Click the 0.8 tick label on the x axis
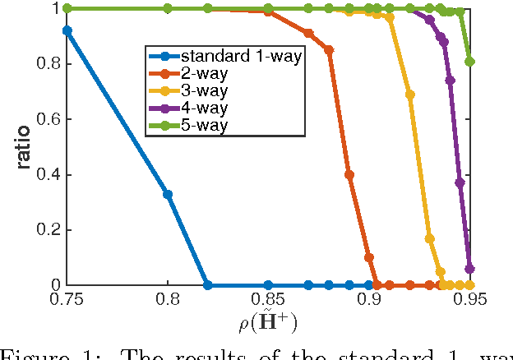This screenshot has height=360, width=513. coord(168,299)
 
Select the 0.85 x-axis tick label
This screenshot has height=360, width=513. coord(268,299)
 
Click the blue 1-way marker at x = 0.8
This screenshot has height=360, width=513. coord(168,194)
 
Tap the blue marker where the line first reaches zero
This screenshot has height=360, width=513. coord(208,285)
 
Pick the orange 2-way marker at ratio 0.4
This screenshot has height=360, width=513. coord(349,174)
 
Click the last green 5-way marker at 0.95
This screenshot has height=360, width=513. coord(469,61)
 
